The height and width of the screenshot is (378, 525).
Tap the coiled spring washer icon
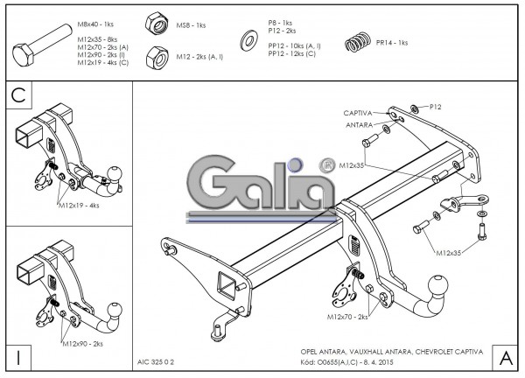(353, 42)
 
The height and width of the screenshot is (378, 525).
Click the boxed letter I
(18, 357)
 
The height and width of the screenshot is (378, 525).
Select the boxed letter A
(505, 357)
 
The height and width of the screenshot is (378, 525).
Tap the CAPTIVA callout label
(358, 113)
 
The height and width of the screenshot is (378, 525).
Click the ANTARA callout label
(360, 124)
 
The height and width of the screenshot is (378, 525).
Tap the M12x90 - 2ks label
(82, 344)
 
